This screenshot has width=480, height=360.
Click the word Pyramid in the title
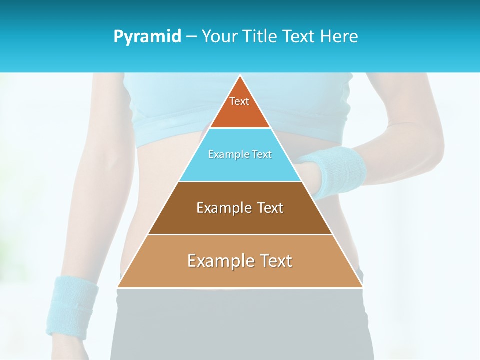coord(147,37)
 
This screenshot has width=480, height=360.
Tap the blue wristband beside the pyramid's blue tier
coord(340,170)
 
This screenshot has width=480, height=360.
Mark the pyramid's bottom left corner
coord(118,287)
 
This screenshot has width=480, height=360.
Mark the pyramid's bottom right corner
coord(362,287)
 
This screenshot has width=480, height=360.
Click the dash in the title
coord(191,37)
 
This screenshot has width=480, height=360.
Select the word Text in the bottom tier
coord(274,261)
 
